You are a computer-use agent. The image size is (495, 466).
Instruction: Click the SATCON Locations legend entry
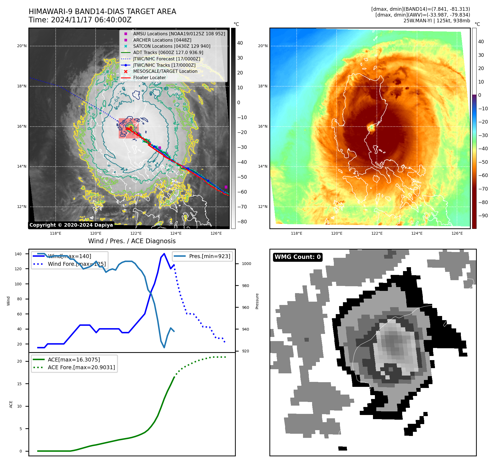(x=172, y=46)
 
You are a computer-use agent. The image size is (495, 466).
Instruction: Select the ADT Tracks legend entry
(x=168, y=53)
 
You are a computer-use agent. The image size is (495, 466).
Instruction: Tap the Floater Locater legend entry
(x=149, y=78)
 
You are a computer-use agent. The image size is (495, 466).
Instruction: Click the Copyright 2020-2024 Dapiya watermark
(x=71, y=225)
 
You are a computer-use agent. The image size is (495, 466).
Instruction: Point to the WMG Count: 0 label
(x=297, y=257)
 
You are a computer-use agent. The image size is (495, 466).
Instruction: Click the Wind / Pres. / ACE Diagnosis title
(x=132, y=241)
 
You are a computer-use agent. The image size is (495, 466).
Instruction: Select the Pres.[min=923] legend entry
(x=209, y=256)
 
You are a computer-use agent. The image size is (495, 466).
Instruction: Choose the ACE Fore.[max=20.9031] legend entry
(x=81, y=367)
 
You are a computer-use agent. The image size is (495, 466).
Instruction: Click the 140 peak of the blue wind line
(x=164, y=254)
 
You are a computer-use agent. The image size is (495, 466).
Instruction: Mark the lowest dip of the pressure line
(x=164, y=347)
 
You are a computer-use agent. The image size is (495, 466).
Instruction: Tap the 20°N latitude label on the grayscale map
(x=22, y=46)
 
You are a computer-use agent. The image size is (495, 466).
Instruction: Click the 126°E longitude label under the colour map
(x=457, y=234)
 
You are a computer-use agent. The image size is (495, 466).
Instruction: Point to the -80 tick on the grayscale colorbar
(x=242, y=222)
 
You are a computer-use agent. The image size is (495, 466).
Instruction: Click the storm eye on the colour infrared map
(x=372, y=127)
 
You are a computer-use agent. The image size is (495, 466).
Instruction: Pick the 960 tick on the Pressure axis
(x=245, y=307)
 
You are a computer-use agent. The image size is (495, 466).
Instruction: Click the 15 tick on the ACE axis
(x=19, y=384)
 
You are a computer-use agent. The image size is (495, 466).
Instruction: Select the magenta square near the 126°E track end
(x=226, y=187)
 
